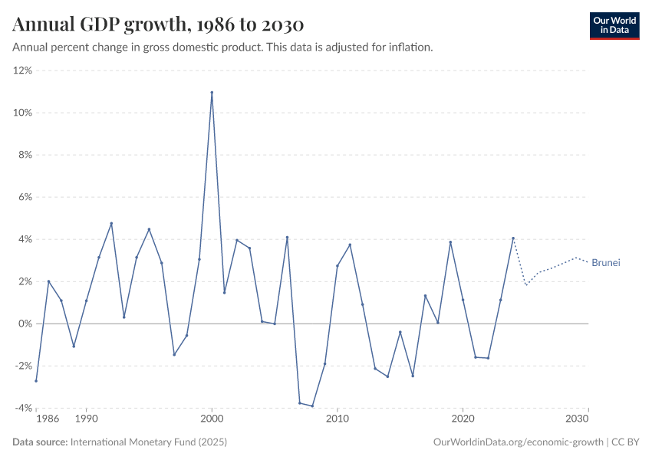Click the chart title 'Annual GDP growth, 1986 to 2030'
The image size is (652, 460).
click(x=159, y=25)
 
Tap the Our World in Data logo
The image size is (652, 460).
click(x=614, y=25)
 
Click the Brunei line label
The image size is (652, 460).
click(x=605, y=263)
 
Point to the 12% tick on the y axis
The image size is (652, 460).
click(x=22, y=71)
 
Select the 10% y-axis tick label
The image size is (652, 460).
click(x=22, y=113)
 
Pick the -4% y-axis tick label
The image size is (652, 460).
click(x=22, y=409)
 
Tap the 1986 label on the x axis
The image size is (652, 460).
click(x=47, y=420)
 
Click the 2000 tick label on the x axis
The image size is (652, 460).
click(x=212, y=420)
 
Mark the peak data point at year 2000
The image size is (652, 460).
click(x=212, y=93)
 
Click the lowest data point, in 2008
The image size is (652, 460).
click(x=312, y=406)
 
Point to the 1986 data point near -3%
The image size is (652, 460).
click(x=36, y=381)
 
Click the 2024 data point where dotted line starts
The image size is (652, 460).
click(x=513, y=238)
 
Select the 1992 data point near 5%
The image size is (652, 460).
click(x=111, y=223)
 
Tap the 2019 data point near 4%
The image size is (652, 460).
click(x=450, y=242)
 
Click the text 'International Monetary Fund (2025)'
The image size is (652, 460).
click(x=149, y=442)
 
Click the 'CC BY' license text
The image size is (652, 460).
click(x=627, y=442)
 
